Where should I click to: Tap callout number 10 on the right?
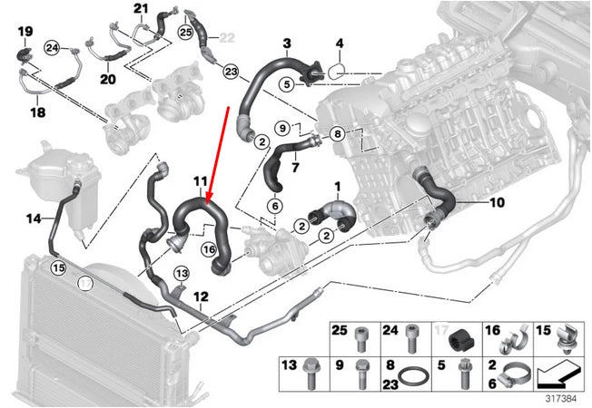(497, 203)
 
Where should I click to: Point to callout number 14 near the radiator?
(33, 218)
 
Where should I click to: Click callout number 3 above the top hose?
(286, 43)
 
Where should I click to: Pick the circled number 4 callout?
(340, 44)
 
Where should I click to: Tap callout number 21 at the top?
(140, 9)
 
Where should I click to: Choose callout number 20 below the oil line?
(108, 79)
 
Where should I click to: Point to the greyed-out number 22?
(226, 37)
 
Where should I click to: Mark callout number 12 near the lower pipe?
(201, 296)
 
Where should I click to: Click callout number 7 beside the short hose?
(294, 167)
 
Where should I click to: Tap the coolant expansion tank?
(45, 172)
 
